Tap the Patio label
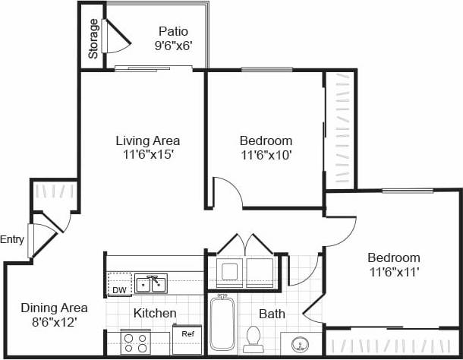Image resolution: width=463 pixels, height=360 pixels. tap(173, 31)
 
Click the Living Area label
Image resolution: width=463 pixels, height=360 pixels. tap(147, 141)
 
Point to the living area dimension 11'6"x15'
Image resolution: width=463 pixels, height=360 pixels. tap(147, 155)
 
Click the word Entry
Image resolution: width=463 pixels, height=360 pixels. tap(13, 240)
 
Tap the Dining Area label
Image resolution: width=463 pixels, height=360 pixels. tap(54, 308)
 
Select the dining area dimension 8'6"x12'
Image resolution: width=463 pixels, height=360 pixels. tap(54, 322)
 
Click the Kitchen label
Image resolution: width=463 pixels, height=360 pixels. tap(155, 313)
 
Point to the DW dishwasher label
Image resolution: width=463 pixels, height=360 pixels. tap(119, 290)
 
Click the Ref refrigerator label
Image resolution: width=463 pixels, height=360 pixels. tap(187, 333)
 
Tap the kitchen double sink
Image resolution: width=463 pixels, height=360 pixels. tap(152, 284)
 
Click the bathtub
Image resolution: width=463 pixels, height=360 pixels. tap(223, 324)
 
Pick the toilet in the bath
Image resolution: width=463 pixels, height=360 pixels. tap(254, 338)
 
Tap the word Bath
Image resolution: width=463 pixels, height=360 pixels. tap(271, 313)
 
